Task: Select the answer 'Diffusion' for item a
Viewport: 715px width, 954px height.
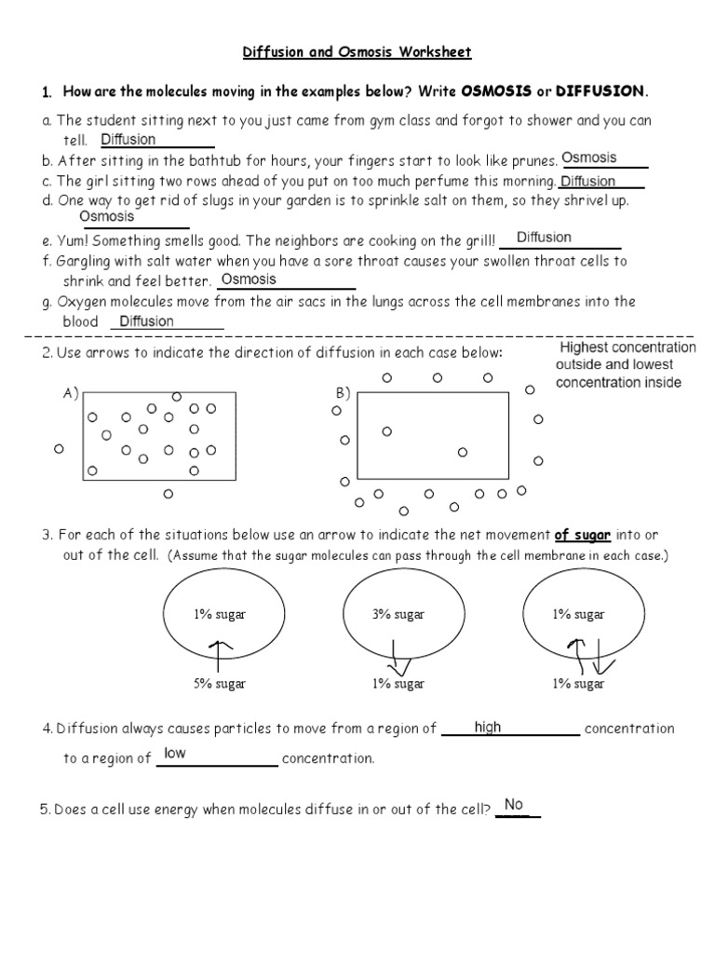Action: tap(128, 140)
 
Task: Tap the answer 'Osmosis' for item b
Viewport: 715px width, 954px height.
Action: tap(589, 158)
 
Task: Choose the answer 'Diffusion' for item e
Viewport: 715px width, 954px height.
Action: tap(544, 238)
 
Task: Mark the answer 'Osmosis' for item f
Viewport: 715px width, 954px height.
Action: tap(249, 279)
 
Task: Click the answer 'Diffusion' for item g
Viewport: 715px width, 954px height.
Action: tap(147, 321)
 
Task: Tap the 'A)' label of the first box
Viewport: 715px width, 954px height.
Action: tap(71, 393)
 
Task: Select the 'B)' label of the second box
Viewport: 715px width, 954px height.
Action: tap(342, 393)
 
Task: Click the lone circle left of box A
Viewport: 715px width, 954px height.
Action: tap(58, 449)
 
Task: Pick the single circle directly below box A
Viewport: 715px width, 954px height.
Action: tap(169, 495)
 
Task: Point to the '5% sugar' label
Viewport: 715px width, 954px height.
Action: tap(220, 684)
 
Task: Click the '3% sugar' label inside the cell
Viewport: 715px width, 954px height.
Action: tap(398, 614)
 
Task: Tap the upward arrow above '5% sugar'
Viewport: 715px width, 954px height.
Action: tap(220, 653)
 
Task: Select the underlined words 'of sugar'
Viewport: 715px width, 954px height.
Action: tap(584, 535)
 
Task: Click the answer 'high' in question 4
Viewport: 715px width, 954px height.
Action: tap(488, 727)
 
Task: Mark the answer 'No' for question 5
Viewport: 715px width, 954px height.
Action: tap(514, 805)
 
